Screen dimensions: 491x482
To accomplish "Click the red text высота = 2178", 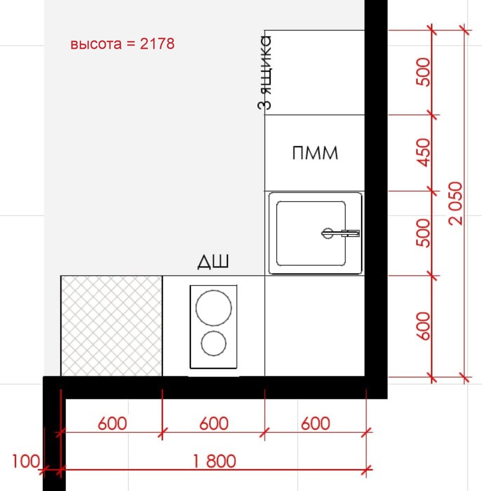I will point(122,44).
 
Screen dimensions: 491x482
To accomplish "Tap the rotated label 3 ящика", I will point(265,73).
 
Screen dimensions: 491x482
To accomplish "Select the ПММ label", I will point(315,153).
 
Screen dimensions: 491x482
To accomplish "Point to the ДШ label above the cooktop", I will point(213,262).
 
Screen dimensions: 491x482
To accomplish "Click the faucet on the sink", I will point(340,233).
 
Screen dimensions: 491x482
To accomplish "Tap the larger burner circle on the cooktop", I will point(213,308).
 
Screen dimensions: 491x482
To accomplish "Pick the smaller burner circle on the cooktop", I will point(213,343).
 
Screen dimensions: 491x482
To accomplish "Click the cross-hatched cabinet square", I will point(111,326).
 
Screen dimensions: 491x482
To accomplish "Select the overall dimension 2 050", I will point(456,203).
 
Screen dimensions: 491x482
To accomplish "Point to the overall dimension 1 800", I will point(214,461).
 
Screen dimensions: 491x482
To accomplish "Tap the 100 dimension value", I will point(26,461).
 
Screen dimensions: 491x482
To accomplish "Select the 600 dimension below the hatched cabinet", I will point(112,424).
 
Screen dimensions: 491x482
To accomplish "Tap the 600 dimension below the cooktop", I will point(214,424).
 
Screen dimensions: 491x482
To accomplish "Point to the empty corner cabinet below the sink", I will point(315,326).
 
